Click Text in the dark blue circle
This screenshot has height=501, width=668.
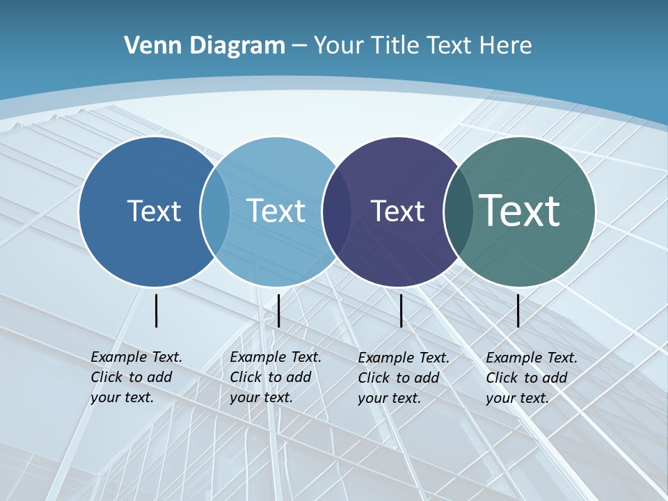coord(154,211)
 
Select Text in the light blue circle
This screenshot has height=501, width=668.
coord(276,211)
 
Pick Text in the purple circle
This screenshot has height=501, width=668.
coord(397,211)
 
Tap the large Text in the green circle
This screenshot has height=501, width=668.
coord(520,210)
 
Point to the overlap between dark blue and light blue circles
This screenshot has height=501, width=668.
coord(215,212)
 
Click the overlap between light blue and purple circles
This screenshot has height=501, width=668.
coord(337,212)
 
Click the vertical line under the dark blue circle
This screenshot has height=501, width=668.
coord(157,310)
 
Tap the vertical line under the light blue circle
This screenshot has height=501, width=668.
coord(278,310)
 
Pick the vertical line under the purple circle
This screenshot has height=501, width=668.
coord(401,310)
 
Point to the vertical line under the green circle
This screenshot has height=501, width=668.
coord(518,310)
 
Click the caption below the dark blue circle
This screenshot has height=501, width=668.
coord(136,377)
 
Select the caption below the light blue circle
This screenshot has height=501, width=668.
coord(275,377)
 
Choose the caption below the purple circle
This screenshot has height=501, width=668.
coord(403,378)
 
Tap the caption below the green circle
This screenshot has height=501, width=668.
coord(531,378)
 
